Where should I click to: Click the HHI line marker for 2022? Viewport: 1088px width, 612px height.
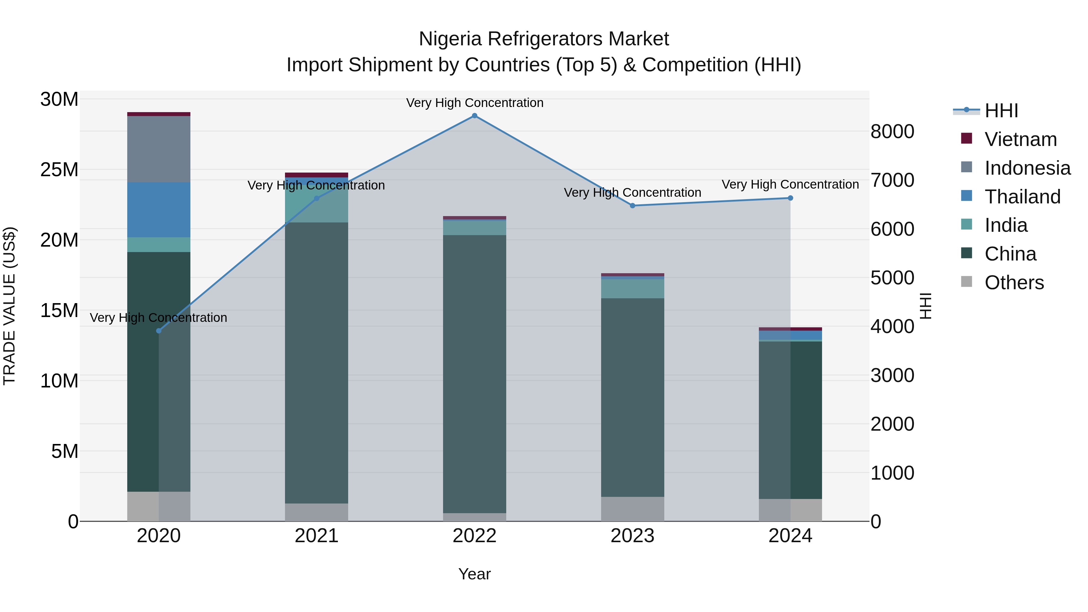point(474,116)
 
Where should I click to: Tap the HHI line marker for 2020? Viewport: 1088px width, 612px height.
point(159,331)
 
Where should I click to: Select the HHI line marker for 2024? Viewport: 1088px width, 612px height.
point(790,198)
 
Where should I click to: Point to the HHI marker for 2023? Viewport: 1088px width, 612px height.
point(632,206)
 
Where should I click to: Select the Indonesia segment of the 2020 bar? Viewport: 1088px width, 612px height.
point(159,149)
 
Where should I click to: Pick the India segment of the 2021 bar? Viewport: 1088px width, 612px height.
point(316,204)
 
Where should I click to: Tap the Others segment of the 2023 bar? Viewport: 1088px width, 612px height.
point(632,509)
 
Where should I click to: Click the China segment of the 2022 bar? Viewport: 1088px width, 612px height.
point(474,374)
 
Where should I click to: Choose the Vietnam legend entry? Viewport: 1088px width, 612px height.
point(1020,139)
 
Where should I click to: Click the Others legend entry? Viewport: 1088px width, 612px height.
point(1014,283)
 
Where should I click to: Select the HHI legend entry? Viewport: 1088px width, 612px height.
point(1001,111)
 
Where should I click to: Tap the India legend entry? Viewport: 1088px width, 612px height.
point(1005,225)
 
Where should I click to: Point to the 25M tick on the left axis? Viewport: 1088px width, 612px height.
point(59,170)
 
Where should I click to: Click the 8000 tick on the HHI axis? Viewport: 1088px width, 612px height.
point(892,131)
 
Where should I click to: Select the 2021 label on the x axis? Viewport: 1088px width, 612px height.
point(316,536)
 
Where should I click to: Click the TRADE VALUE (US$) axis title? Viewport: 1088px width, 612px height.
point(9,306)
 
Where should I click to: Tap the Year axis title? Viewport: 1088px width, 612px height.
point(474,574)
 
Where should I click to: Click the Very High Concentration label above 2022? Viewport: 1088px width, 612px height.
point(474,103)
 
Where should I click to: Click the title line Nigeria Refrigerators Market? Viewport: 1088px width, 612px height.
point(544,39)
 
